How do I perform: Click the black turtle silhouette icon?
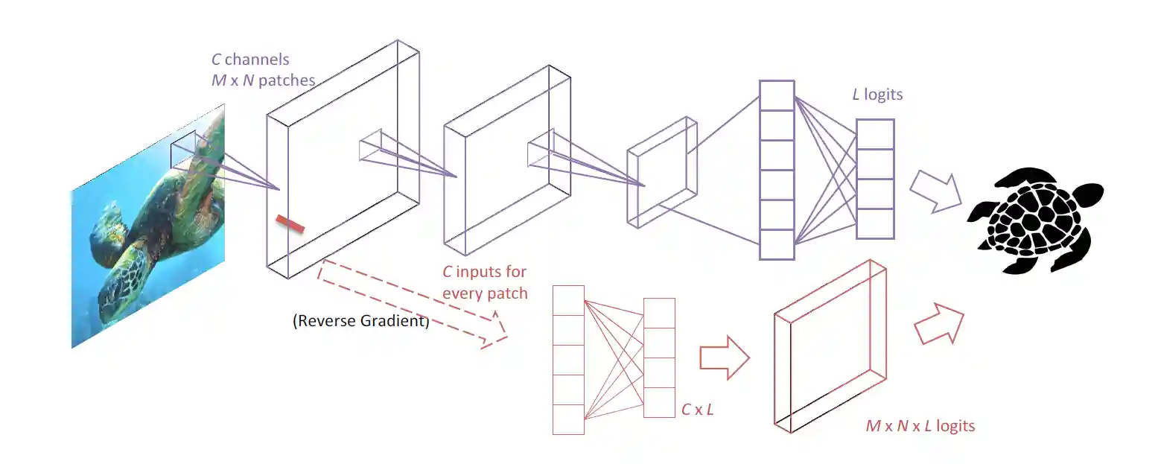[x=1036, y=219]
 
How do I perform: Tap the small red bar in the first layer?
[x=290, y=223]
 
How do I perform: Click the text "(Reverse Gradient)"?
[x=360, y=322]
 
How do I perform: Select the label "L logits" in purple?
[x=878, y=95]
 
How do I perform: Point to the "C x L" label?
[x=698, y=410]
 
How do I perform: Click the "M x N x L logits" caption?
[x=920, y=426]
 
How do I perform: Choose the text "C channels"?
[x=250, y=60]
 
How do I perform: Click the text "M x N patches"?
[x=263, y=80]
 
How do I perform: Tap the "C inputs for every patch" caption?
[x=485, y=282]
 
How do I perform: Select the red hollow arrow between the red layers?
[x=723, y=357]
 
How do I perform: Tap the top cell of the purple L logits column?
[x=874, y=135]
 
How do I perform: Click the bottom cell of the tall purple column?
[x=777, y=244]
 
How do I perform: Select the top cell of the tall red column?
[x=568, y=300]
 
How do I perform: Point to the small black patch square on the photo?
[x=183, y=152]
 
